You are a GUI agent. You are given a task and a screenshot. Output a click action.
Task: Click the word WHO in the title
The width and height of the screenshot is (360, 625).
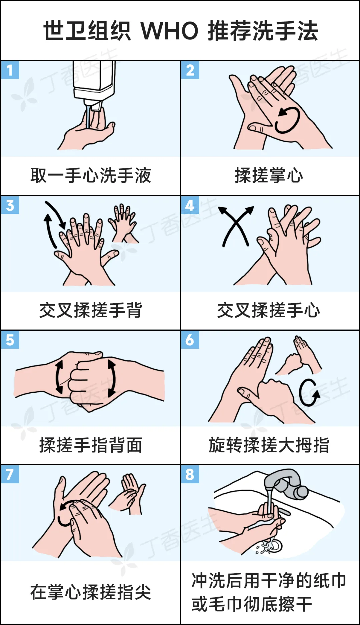pyautogui.click(x=169, y=31)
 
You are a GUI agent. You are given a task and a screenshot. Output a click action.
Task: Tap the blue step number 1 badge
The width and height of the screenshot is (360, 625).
pyautogui.click(x=10, y=70)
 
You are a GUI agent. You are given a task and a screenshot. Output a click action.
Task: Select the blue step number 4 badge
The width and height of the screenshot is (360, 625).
pyautogui.click(x=190, y=205)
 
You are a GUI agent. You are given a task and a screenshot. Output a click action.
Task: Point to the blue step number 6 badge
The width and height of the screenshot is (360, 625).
pyautogui.click(x=190, y=340)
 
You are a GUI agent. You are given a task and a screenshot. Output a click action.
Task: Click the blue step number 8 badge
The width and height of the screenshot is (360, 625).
pyautogui.click(x=190, y=474)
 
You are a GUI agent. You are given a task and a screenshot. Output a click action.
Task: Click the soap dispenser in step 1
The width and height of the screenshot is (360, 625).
pyautogui.click(x=94, y=85)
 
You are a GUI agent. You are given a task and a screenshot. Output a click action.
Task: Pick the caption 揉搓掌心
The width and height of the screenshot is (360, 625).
pyautogui.click(x=269, y=175)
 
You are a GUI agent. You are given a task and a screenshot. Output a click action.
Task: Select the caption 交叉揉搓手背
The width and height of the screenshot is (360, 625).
pyautogui.click(x=91, y=310)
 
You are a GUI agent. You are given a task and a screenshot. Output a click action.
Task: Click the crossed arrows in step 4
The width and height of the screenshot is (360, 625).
pyautogui.click(x=236, y=226)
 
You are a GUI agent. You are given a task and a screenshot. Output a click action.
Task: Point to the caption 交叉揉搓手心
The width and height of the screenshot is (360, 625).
pyautogui.click(x=269, y=310)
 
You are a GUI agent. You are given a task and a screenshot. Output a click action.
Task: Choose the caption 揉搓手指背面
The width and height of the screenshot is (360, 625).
pyautogui.click(x=91, y=445)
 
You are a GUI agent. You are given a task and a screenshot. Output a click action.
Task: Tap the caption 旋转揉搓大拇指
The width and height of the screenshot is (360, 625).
pyautogui.click(x=269, y=445)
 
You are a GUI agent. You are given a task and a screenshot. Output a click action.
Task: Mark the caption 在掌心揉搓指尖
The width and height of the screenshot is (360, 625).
pyautogui.click(x=91, y=592)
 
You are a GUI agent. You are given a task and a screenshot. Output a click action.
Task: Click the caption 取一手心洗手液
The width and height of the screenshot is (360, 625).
pyautogui.click(x=91, y=175)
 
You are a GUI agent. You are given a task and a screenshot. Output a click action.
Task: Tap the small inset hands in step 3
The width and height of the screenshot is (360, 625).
pyautogui.click(x=123, y=223)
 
